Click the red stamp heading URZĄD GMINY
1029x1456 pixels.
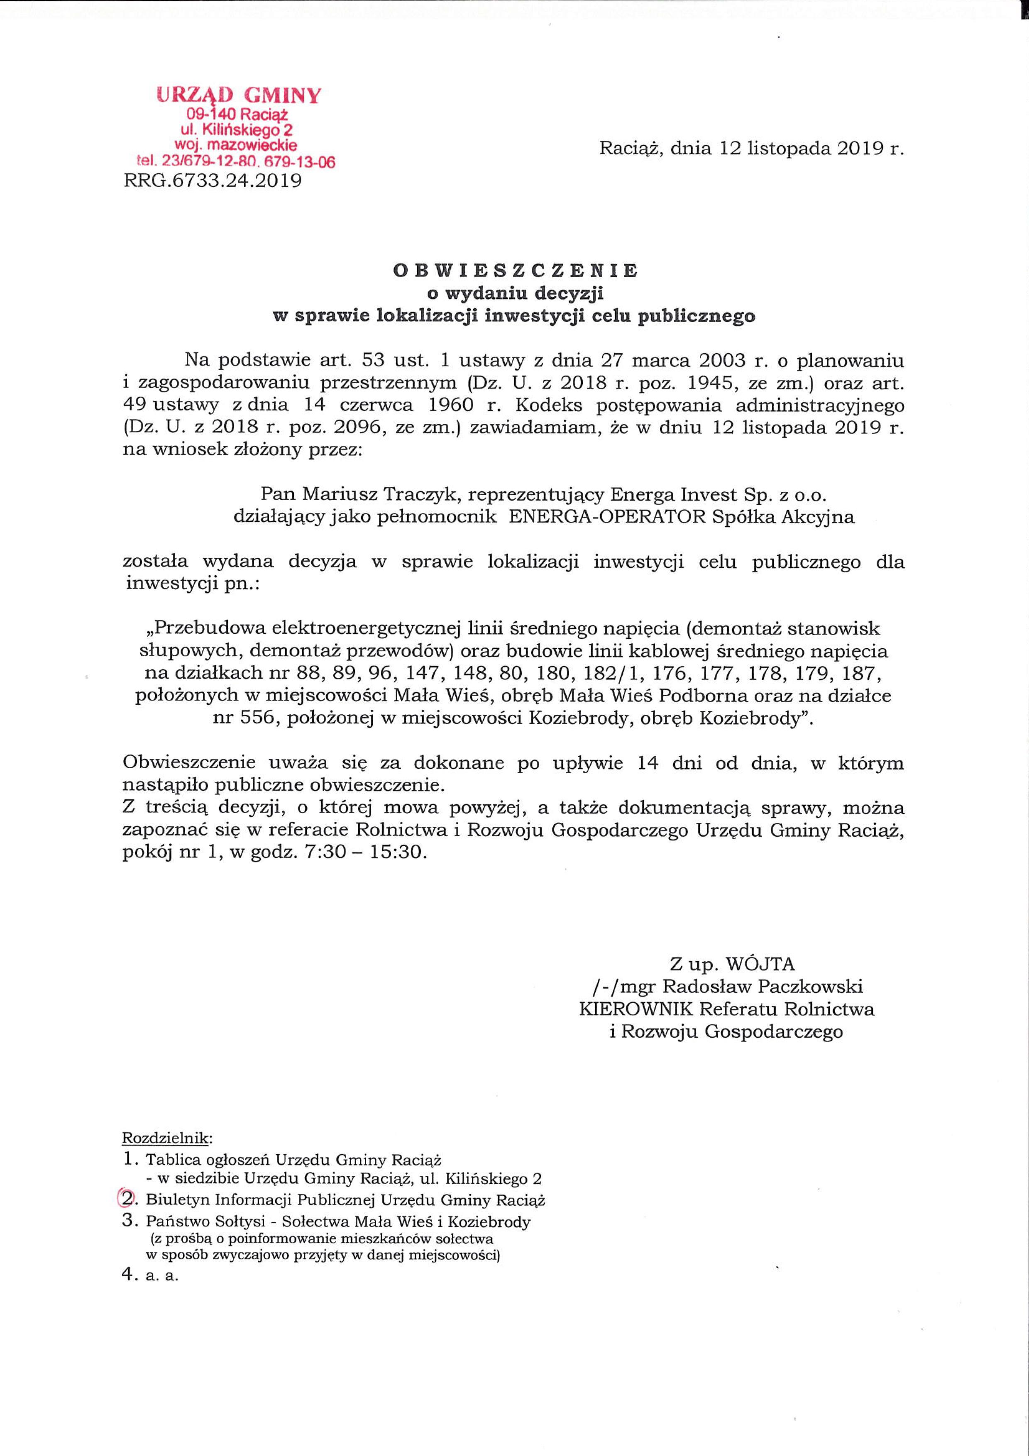[x=238, y=96]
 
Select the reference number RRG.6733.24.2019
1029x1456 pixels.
[x=213, y=182]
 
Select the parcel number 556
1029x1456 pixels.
[x=261, y=720]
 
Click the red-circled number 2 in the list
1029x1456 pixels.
[x=127, y=1199]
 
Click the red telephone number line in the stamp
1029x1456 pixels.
[x=236, y=162]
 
